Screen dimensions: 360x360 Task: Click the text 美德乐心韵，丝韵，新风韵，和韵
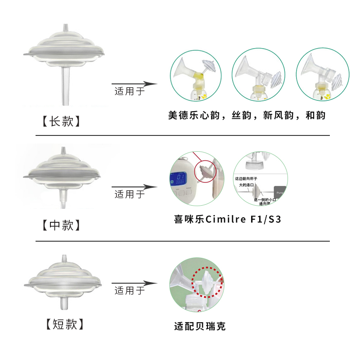coord(246,116)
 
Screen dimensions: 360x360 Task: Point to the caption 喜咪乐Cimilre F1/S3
coord(228,220)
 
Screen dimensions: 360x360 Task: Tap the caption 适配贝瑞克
coord(200,326)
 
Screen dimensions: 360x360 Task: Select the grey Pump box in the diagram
coord(280,193)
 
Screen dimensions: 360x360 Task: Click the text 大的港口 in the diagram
coord(246,184)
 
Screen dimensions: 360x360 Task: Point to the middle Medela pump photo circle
coord(258,76)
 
